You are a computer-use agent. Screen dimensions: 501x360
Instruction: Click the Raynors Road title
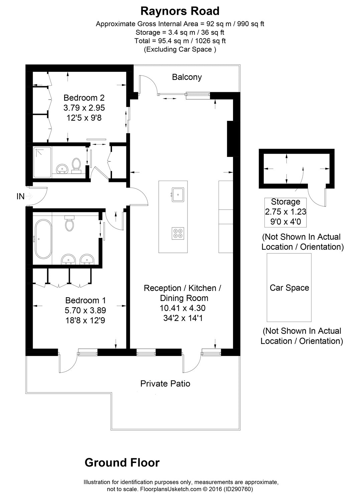[x=180, y=11]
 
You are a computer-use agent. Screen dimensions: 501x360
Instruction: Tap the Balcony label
[x=187, y=77]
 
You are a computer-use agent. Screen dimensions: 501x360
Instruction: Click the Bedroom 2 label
[x=84, y=98]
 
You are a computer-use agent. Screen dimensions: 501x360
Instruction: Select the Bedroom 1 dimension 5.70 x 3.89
[x=85, y=310]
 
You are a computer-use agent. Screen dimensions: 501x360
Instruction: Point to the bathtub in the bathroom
[x=43, y=239]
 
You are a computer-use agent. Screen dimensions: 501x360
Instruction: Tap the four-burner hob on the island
[x=178, y=233]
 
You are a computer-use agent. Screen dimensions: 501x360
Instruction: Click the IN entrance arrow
[x=28, y=196]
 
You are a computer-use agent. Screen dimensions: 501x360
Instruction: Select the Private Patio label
[x=165, y=383]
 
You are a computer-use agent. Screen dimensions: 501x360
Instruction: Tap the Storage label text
[x=285, y=202]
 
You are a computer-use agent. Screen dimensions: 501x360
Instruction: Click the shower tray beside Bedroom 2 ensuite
[x=42, y=162]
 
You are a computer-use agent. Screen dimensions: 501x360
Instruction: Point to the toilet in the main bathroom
[x=70, y=224]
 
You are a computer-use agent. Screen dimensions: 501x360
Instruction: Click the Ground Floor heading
[x=122, y=463]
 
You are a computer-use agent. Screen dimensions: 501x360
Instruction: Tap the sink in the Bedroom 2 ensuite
[x=62, y=169]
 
